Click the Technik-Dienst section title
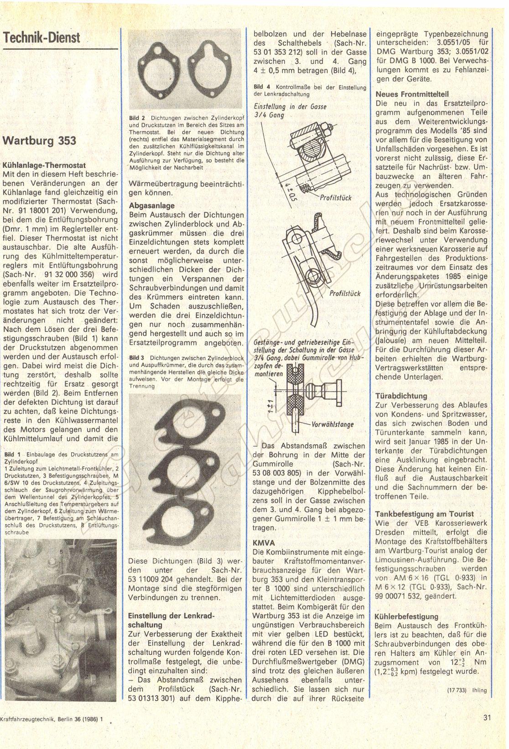point(42,37)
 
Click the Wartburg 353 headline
point(40,140)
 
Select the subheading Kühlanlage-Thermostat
point(44,165)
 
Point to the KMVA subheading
point(264,543)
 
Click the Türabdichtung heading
point(401,396)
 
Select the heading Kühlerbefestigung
point(406,616)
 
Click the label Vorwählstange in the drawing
point(332,424)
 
